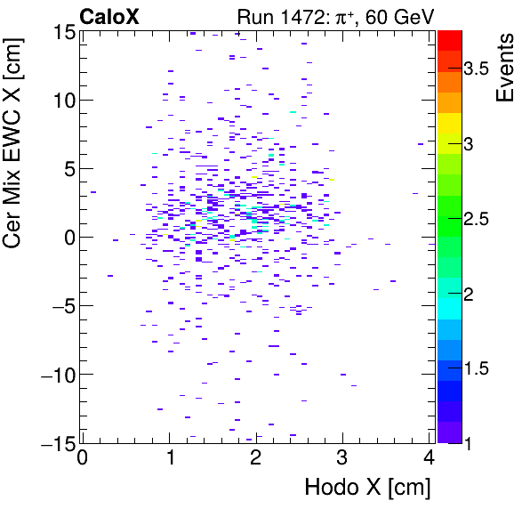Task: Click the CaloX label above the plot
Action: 109,15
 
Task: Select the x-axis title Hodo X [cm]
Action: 367,488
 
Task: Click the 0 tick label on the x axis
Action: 82,458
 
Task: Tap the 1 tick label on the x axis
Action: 169,458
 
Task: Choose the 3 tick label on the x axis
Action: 342,458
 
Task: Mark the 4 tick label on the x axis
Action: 429,458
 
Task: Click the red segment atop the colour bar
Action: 449,39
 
